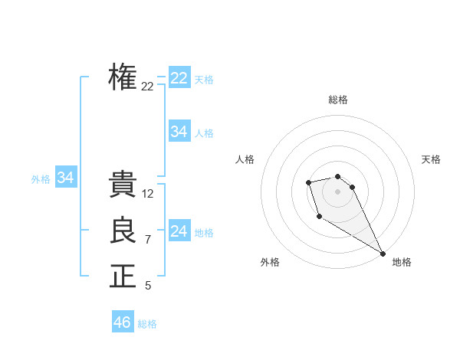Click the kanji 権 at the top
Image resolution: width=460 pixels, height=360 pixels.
click(123, 77)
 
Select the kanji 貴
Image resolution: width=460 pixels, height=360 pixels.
click(123, 185)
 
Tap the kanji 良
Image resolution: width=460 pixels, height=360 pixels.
click(123, 231)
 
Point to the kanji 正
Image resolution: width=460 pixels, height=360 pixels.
click(123, 277)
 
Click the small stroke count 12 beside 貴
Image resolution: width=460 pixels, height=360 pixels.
click(148, 194)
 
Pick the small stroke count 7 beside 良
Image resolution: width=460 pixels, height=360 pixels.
click(148, 240)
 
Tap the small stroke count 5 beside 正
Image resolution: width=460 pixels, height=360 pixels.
click(148, 286)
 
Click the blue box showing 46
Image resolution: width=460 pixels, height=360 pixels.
click(122, 322)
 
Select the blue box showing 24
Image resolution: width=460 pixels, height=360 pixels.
click(179, 231)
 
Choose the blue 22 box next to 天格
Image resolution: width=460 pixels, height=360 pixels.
click(179, 78)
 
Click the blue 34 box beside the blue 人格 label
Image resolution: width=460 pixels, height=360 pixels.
click(179, 132)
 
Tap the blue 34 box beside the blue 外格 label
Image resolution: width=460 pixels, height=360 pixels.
click(65, 178)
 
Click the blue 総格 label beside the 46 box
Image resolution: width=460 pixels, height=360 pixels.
click(147, 324)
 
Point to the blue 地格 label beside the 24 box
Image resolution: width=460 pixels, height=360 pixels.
click(204, 232)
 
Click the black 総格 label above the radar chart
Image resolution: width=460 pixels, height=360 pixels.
click(338, 100)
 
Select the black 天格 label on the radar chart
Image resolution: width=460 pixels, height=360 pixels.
click(432, 159)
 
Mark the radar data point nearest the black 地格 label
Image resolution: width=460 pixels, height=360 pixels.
click(383, 253)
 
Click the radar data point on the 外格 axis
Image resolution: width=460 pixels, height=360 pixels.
click(319, 217)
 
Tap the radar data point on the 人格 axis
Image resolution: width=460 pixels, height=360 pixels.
click(308, 182)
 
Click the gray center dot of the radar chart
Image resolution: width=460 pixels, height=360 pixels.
click(338, 191)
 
